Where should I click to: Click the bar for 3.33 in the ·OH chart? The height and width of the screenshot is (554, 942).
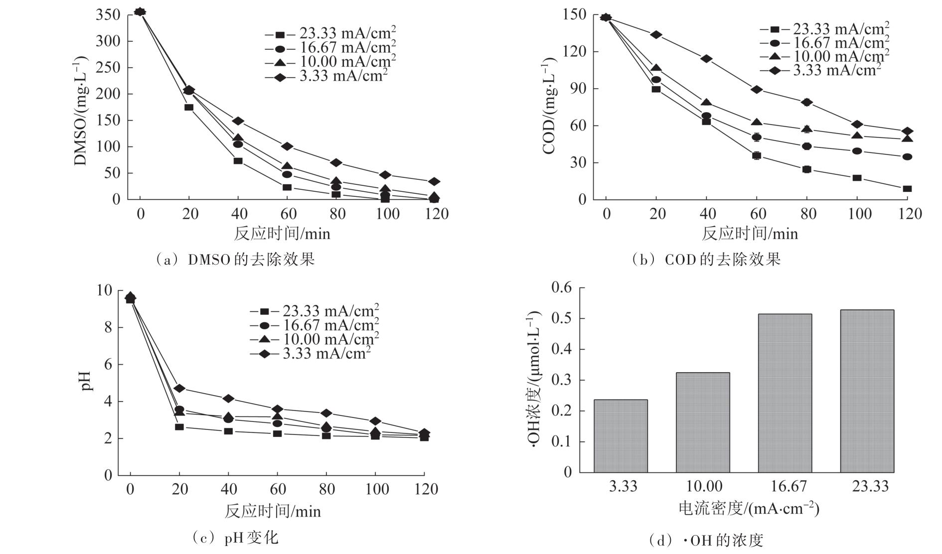(x=621, y=436)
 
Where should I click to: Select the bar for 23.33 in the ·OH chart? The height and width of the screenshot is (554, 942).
(x=867, y=391)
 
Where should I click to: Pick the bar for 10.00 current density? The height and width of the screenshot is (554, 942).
(x=703, y=422)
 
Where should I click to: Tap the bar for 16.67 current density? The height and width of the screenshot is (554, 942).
(x=785, y=393)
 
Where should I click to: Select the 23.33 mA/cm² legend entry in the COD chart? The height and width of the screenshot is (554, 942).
(x=825, y=29)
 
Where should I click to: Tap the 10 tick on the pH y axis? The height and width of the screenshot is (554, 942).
(x=104, y=290)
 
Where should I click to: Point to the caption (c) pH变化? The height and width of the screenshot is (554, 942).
(x=235, y=538)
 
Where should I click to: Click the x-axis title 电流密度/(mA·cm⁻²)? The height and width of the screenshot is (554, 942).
(x=749, y=508)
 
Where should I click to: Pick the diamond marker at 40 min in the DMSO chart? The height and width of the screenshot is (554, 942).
(x=238, y=121)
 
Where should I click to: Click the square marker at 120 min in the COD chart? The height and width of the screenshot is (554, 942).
(x=907, y=189)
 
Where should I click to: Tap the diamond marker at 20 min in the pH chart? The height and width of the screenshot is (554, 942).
(x=179, y=389)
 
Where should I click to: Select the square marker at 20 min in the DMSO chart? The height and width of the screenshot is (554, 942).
(x=189, y=107)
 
